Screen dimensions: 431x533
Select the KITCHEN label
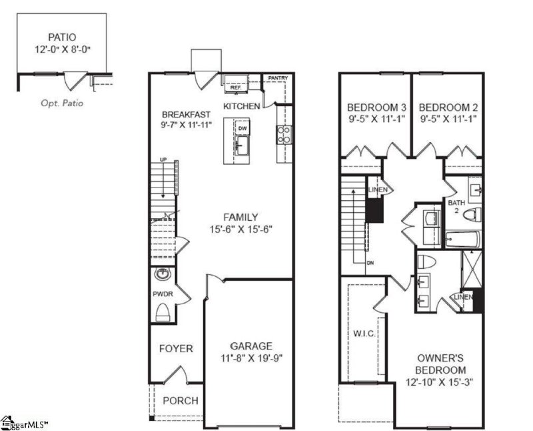point(241,107)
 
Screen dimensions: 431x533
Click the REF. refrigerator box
point(235,87)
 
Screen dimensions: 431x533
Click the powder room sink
point(162,274)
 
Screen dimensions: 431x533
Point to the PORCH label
point(181,400)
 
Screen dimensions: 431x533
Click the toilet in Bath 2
point(472,215)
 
